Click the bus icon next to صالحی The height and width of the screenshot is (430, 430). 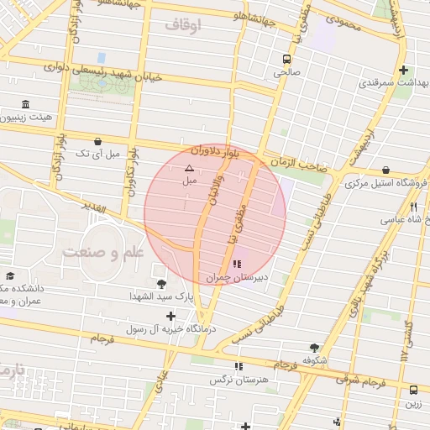287,60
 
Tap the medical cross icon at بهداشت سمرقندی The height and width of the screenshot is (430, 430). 404,71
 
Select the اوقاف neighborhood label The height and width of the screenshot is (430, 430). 183,26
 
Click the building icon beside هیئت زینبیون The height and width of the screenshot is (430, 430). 24,105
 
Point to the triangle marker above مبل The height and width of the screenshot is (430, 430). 188,169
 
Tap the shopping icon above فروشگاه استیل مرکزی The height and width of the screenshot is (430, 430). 385,170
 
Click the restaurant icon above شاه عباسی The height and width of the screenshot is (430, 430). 413,207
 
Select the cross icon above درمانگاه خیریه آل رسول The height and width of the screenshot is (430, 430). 171,317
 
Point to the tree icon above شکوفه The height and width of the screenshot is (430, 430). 314,347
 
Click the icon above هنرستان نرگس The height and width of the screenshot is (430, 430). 239,366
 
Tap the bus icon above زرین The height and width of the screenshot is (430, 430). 413,390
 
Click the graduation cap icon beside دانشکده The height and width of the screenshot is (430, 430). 10,275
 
